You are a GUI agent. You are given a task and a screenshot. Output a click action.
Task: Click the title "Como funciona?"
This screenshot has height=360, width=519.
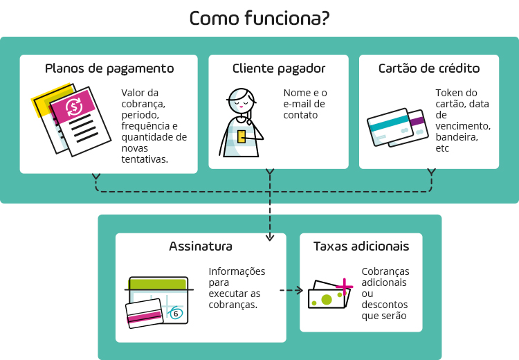tap(259, 19)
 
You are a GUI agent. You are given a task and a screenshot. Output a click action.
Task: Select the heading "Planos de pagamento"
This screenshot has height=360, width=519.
tap(109, 69)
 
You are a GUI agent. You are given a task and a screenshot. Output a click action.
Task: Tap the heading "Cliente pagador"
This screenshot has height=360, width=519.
tap(279, 69)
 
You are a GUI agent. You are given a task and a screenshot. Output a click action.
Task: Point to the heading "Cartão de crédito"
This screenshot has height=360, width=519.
tap(429, 69)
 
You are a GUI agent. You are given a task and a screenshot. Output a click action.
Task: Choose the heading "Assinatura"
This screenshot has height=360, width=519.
tap(201, 246)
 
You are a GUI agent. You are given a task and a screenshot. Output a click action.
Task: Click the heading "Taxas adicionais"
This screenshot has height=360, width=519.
tap(361, 246)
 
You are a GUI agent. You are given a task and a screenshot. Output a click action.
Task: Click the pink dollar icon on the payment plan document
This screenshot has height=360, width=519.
tap(74, 107)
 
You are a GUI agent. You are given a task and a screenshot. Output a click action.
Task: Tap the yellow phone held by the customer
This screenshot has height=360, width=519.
tap(242, 136)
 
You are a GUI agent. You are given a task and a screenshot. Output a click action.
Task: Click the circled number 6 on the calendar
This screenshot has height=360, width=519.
tap(176, 314)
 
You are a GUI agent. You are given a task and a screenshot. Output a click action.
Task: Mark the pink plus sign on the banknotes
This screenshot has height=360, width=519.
tap(344, 286)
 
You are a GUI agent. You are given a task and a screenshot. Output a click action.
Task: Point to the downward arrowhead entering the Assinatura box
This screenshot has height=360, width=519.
tap(270, 239)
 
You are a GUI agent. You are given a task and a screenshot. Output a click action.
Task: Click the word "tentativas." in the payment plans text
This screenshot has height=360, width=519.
tap(145, 159)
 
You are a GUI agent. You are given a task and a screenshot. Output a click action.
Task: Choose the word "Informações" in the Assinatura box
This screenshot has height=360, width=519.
tap(237, 271)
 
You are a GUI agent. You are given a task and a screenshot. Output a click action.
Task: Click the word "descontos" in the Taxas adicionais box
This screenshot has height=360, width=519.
tap(385, 305)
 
